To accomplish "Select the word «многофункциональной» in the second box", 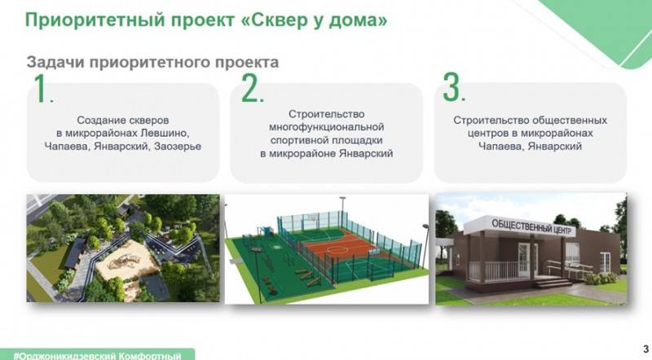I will pos(325,127).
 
